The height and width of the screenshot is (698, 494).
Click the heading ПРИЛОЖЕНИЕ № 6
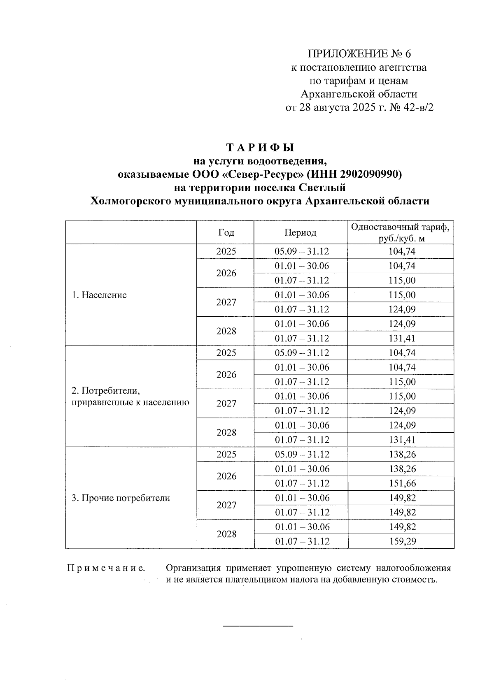click(x=359, y=54)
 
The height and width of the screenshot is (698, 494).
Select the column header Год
click(x=226, y=232)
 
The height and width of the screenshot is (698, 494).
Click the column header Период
click(x=300, y=232)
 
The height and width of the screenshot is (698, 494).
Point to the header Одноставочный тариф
click(x=400, y=227)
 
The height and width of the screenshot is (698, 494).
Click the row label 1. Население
click(x=99, y=295)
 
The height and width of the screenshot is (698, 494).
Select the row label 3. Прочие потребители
click(x=121, y=498)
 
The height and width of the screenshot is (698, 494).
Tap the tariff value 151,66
click(x=402, y=483)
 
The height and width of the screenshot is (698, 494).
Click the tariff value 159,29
click(x=402, y=541)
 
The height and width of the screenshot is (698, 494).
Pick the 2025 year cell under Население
click(x=226, y=251)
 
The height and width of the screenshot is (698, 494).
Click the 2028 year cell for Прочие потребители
click(x=226, y=534)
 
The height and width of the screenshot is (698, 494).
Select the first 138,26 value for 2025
click(x=402, y=455)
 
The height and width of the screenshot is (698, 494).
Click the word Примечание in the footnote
click(x=106, y=568)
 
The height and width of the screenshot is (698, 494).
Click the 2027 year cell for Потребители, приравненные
click(x=226, y=403)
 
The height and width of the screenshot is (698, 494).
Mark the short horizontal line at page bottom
click(x=258, y=626)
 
